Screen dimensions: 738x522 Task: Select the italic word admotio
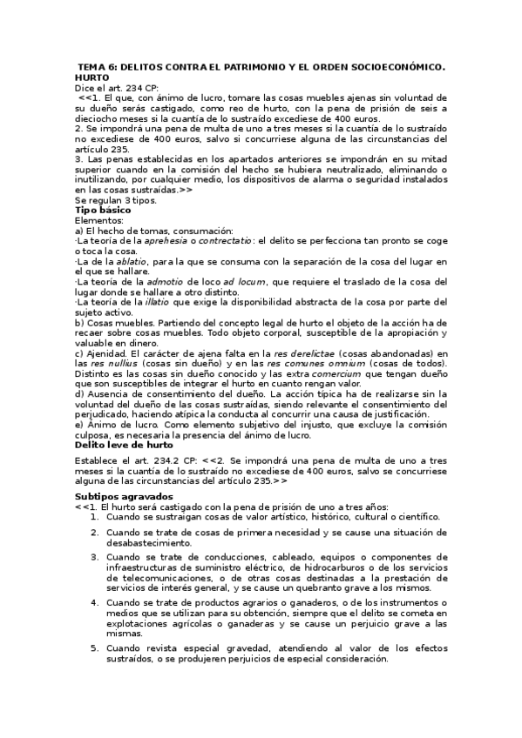tap(165, 282)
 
